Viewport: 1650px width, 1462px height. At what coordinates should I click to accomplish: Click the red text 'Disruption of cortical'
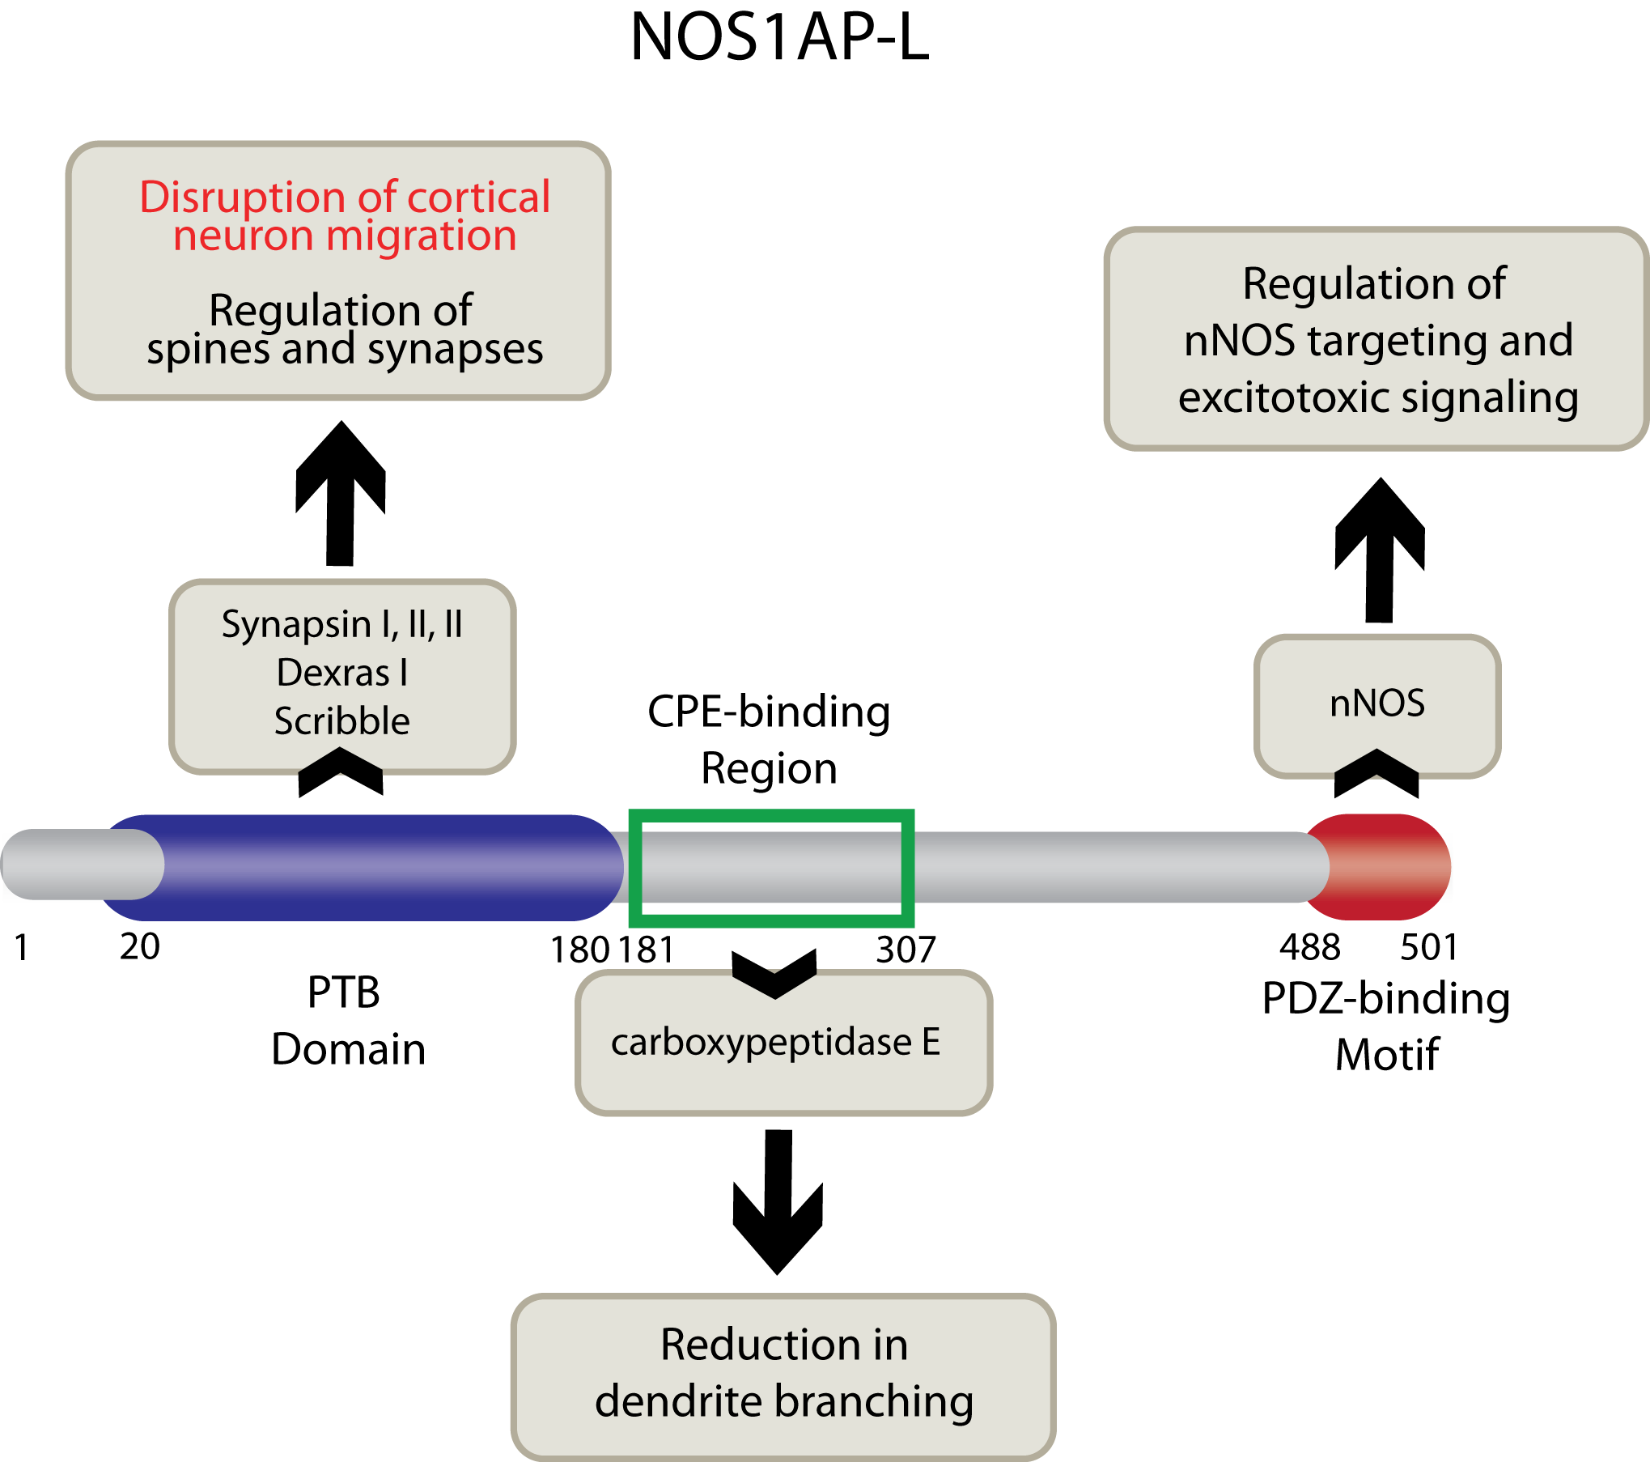[345, 198]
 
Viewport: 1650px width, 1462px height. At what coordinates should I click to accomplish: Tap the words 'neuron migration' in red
[345, 236]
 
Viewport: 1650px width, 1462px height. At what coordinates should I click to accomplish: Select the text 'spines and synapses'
[345, 350]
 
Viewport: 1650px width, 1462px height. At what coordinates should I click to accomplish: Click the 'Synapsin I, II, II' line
[342, 625]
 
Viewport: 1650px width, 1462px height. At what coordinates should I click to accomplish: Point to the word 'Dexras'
[333, 673]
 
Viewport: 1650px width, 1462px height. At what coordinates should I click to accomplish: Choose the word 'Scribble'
[342, 721]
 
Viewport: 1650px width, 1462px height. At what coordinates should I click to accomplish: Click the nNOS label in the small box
[1377, 703]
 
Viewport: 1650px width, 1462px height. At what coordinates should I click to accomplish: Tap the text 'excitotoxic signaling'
[1378, 397]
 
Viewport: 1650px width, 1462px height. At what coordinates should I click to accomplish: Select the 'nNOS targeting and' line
[1378, 340]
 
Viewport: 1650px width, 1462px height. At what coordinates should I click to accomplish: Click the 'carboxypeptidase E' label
[775, 1043]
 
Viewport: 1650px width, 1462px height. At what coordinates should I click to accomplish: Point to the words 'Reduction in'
[784, 1345]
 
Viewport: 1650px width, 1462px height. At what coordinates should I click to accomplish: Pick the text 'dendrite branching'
[784, 1402]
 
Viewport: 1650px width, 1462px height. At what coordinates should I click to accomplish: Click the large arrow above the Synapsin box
[341, 502]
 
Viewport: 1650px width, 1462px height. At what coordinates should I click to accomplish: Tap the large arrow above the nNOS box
[1380, 559]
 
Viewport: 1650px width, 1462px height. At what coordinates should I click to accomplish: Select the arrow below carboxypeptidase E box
[778, 1214]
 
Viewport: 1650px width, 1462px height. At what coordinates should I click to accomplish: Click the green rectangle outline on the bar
[771, 819]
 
